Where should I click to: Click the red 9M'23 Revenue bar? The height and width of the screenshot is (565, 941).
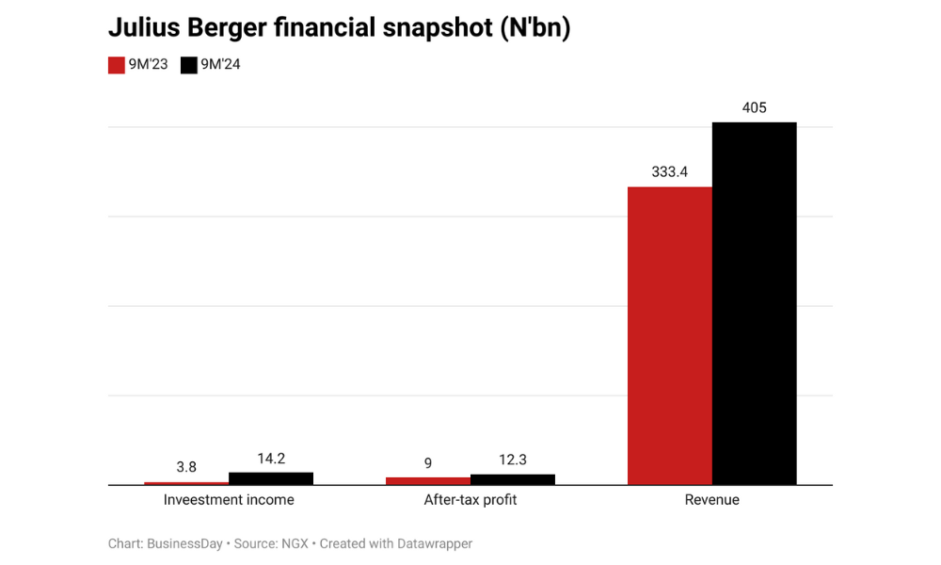(x=669, y=335)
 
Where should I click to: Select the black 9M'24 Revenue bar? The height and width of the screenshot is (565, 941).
(x=754, y=303)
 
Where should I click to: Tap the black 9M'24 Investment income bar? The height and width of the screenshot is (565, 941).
(x=271, y=478)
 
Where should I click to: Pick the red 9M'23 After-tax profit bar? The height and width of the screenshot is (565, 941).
(x=428, y=481)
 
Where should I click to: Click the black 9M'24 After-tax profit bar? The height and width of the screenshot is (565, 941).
(x=513, y=479)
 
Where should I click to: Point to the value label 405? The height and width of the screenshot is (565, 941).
(x=754, y=107)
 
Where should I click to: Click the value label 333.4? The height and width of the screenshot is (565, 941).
(x=669, y=172)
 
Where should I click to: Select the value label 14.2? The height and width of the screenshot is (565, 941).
(x=271, y=459)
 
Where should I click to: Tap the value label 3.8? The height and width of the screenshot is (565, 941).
(x=186, y=467)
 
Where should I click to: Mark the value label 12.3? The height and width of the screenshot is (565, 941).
(x=513, y=460)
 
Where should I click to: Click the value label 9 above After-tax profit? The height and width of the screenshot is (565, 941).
(x=428, y=463)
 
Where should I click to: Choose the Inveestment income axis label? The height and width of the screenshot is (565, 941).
(x=229, y=500)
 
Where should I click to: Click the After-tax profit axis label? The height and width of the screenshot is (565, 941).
(x=470, y=500)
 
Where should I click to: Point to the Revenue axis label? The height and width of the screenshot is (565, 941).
(x=711, y=500)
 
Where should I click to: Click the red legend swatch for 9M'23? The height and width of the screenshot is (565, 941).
(x=117, y=65)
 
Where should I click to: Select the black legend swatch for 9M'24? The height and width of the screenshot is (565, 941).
(x=188, y=65)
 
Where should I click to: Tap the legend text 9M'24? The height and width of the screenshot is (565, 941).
(x=220, y=65)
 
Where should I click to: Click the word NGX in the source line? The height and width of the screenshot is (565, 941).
(x=293, y=543)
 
